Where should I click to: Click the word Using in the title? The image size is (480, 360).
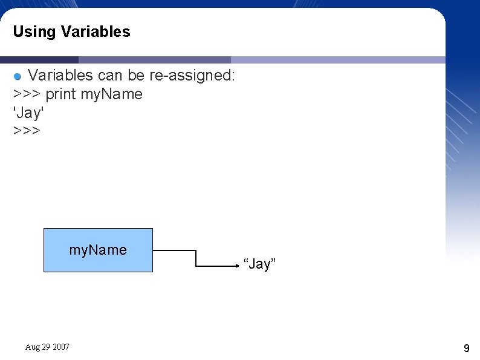click(x=34, y=31)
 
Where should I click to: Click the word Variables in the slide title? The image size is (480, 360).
click(x=96, y=31)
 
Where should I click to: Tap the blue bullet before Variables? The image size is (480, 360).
click(x=18, y=76)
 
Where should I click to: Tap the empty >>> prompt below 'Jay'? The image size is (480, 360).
click(x=27, y=130)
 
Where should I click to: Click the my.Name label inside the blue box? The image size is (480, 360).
click(x=98, y=250)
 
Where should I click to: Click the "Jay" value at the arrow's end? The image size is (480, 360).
click(x=259, y=264)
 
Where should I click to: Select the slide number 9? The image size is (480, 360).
click(x=466, y=348)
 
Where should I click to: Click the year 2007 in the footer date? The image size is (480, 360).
click(x=61, y=347)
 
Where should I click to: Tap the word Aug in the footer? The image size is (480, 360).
click(x=33, y=347)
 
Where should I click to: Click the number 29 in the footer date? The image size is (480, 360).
click(x=47, y=347)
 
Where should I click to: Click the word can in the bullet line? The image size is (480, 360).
click(x=110, y=76)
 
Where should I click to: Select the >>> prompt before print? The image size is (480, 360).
click(x=27, y=94)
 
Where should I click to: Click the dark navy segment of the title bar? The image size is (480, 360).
click(x=39, y=60)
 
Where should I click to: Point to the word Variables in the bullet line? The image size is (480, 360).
click(x=61, y=76)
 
